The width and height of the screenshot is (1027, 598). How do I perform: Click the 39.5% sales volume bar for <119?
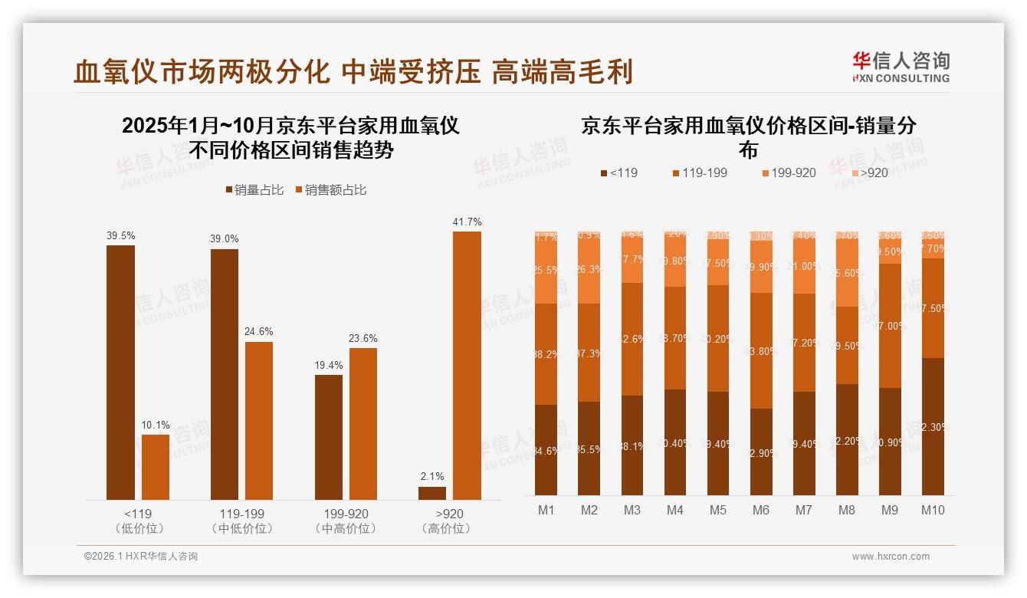pos(120,373)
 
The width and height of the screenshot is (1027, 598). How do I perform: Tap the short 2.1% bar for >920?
pos(432,493)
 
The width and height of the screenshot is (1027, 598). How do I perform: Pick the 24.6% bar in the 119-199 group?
pos(259,421)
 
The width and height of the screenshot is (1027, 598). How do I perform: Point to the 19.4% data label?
pos(329,365)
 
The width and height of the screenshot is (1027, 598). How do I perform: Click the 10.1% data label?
pos(156,425)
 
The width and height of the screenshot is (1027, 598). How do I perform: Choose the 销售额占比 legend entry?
pos(330,189)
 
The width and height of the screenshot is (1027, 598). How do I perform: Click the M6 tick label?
pos(761,510)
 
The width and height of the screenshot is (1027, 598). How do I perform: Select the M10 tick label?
pos(933,510)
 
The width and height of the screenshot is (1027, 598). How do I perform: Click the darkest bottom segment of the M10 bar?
pos(933,426)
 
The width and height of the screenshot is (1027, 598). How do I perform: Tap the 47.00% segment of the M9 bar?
pos(890,326)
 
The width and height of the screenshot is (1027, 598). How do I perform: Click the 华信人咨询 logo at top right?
pos(901,67)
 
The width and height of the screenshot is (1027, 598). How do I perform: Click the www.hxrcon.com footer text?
pos(891,557)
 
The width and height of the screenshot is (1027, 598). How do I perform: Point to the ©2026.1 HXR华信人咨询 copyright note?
pos(141,557)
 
